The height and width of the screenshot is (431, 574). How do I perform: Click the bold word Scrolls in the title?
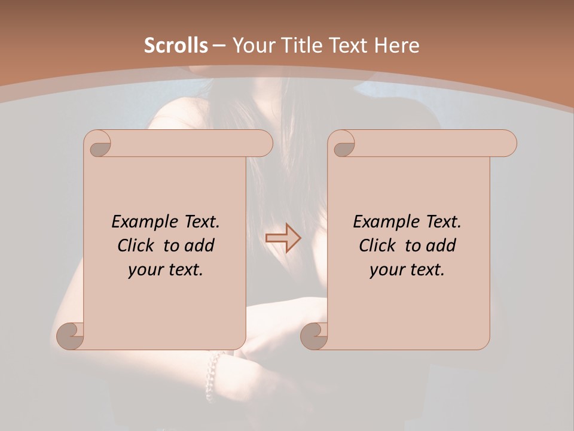176,45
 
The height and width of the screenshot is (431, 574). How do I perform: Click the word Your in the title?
252,45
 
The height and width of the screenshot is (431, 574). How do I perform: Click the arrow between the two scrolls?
283,238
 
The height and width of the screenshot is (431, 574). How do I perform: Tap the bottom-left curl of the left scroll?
71,335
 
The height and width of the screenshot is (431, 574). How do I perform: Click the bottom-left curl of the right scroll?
315,335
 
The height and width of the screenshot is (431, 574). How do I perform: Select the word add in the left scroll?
199,245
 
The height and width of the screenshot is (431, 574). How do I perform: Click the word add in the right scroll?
441,245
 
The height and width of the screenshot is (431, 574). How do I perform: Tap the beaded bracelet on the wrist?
212,374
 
